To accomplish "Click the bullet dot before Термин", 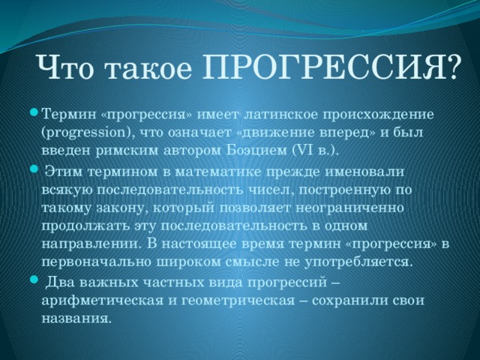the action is click(x=34, y=114).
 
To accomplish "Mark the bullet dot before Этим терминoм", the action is click(x=34, y=169).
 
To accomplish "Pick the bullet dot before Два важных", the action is click(x=34, y=279).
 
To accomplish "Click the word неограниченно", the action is click(x=350, y=208).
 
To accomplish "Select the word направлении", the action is click(x=91, y=245).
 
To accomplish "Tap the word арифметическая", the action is click(x=103, y=300).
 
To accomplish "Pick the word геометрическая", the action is click(x=238, y=301).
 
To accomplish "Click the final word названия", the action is click(x=75, y=319).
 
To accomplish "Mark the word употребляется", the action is click(x=358, y=262).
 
